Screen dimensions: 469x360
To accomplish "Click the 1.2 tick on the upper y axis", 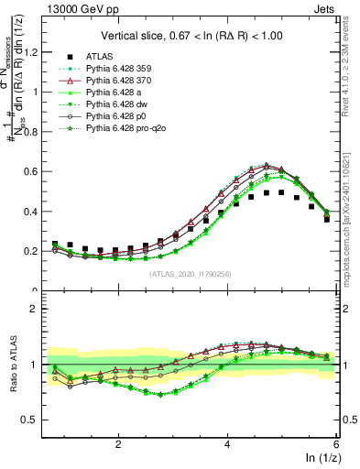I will coord(37,52).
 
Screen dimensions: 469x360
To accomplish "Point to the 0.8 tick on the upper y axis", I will coord(37,132).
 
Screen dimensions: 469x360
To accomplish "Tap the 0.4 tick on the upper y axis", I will coord(37,212).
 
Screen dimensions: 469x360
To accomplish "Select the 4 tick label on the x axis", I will coord(227,443).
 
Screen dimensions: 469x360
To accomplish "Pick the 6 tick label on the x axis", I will coord(336,443).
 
